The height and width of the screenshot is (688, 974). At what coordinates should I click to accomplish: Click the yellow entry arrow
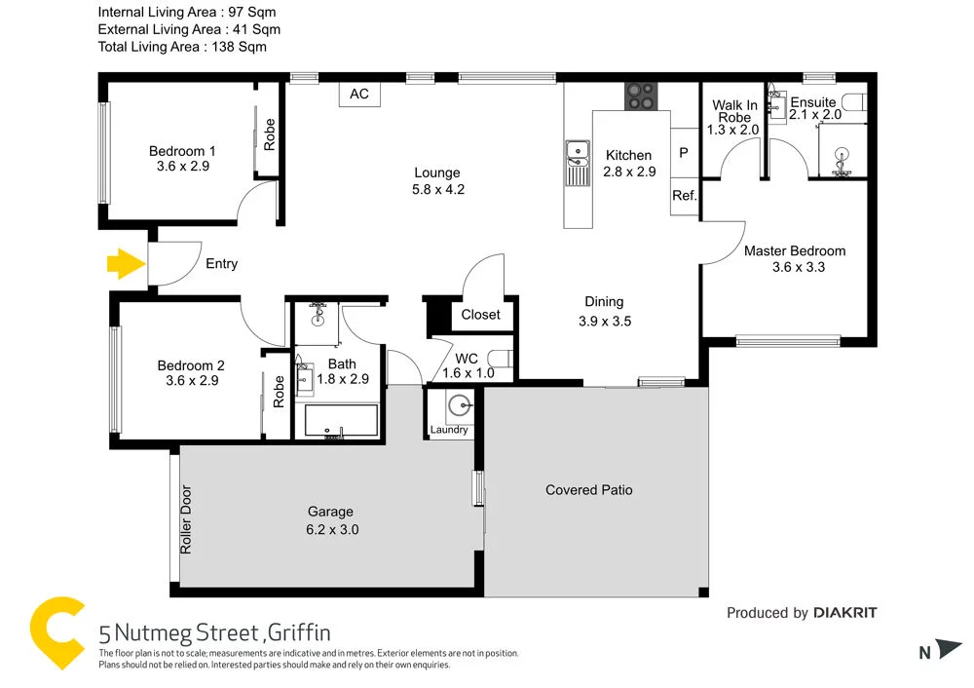(x=124, y=263)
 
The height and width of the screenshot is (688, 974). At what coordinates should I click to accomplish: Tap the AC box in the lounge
(x=359, y=95)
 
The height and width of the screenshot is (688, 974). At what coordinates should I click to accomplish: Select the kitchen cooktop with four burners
(x=641, y=96)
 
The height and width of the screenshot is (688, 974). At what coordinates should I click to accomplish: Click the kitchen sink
(x=577, y=152)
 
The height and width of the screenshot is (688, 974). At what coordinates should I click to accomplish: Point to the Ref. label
(x=685, y=196)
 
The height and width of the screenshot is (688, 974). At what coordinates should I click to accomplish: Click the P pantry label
(x=684, y=153)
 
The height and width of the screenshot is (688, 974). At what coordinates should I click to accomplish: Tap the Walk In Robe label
(x=734, y=111)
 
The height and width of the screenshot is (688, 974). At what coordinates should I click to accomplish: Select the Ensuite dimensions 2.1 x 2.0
(x=815, y=115)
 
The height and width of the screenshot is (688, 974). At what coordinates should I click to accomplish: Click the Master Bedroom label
(x=795, y=250)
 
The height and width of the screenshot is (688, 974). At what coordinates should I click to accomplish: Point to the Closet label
(x=480, y=314)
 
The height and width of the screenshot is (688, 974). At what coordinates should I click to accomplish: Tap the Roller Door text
(x=186, y=519)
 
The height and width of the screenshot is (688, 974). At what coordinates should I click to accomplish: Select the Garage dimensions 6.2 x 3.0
(x=331, y=529)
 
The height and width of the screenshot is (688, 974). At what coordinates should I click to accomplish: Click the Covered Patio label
(x=588, y=489)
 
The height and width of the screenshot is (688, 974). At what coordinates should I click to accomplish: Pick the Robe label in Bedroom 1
(x=270, y=134)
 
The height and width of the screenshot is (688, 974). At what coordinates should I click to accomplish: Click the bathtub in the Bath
(x=341, y=421)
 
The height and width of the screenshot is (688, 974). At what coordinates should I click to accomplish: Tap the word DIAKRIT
(x=845, y=612)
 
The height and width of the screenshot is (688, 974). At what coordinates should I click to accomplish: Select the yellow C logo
(x=56, y=632)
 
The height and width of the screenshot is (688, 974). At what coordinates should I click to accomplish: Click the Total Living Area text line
(x=182, y=46)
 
